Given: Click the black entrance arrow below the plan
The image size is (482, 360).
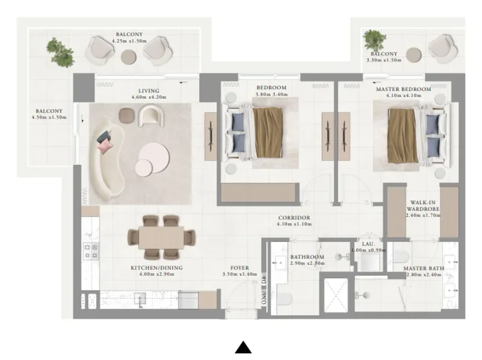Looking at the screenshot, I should click(243, 347).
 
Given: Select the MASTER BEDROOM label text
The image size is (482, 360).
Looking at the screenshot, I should click(403, 89).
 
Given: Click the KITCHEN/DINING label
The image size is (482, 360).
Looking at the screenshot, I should click(157, 268).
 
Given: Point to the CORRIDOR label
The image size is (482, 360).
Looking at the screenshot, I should click(294, 217).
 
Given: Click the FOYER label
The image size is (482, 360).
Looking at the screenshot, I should click(239, 268).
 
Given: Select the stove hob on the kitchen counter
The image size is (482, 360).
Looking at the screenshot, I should click(90, 251).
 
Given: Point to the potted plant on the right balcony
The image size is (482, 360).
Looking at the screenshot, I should click(374, 40).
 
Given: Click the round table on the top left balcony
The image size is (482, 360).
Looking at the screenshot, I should click(129, 57).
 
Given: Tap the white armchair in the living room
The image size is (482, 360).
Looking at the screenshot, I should click(149, 115).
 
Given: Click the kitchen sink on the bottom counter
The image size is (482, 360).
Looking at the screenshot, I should click(141, 298).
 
